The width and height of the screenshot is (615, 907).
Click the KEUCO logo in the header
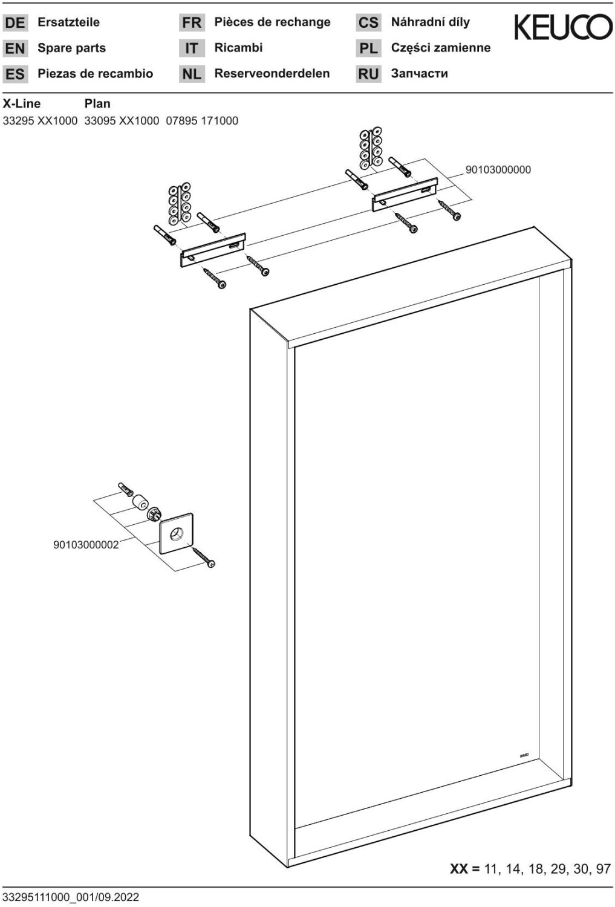[562, 28]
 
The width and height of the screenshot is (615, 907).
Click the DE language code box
[15, 23]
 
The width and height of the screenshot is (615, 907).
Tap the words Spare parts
[71, 48]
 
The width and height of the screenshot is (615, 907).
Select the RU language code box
[368, 74]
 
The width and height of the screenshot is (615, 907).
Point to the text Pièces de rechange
[272, 22]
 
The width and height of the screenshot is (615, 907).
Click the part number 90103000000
[498, 170]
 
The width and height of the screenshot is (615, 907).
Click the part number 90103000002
[86, 545]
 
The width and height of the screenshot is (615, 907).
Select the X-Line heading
[22, 103]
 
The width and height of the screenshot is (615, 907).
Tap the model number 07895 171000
[202, 121]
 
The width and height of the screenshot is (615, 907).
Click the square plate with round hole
[177, 533]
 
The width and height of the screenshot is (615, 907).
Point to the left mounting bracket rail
[213, 250]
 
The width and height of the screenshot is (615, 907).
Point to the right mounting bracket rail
[404, 194]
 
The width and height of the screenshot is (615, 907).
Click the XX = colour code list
[530, 869]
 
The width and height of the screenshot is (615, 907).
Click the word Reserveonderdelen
[272, 74]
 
